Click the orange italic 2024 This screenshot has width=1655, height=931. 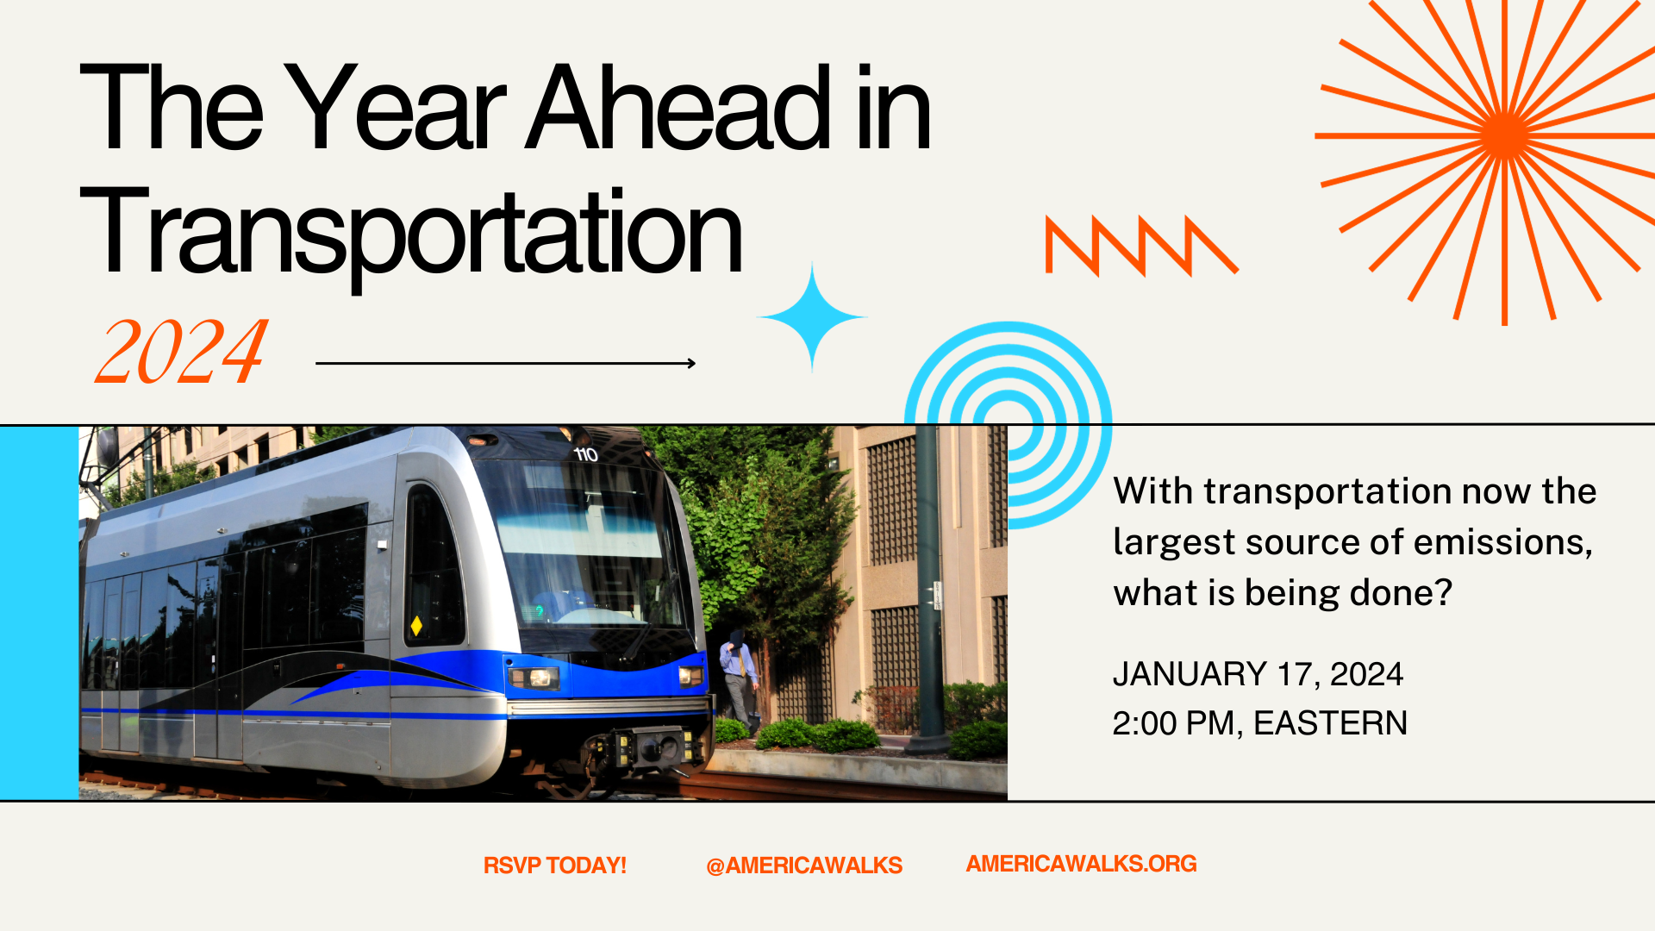coord(181,352)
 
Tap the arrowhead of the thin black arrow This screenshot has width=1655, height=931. coord(691,363)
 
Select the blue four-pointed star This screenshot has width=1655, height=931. coord(811,317)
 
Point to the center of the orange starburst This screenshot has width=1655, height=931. coord(1504,136)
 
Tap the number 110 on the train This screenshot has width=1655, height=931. coord(586,454)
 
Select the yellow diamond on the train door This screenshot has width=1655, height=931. coord(416,625)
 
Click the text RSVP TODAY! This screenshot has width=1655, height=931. coord(554,865)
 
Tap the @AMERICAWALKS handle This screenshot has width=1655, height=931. coord(803,865)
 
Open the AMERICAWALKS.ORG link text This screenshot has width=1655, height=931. coord(1081,864)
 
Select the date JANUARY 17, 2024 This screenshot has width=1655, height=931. coord(1258,674)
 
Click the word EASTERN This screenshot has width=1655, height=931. coord(1330,723)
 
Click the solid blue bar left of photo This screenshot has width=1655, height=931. coord(39,612)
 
